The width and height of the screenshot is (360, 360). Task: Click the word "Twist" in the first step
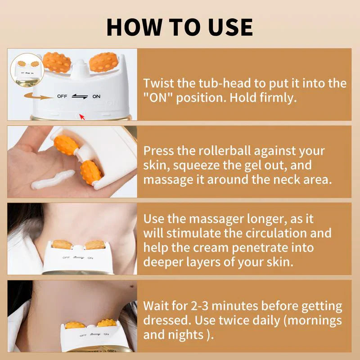(156, 83)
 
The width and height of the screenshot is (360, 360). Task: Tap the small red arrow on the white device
(81, 117)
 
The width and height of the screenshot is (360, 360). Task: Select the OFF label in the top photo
(62, 96)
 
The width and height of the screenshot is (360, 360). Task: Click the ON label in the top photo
(96, 96)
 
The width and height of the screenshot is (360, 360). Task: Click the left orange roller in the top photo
(57, 63)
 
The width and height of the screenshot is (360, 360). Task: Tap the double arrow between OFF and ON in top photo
(79, 96)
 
